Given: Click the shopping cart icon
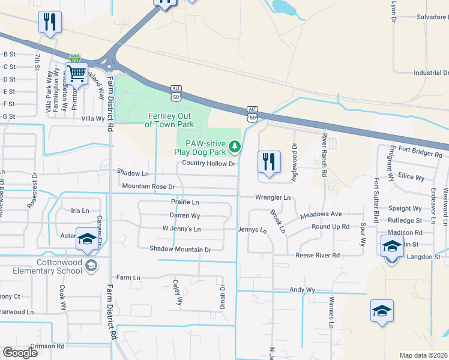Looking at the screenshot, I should pos(76,74).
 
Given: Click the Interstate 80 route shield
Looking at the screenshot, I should pos(74,59).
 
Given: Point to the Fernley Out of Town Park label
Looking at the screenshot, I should pos(169,120).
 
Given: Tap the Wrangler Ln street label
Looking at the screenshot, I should pos(273,197).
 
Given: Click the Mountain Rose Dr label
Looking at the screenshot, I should pos(148,187).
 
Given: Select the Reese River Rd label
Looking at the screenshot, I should pos(318,255).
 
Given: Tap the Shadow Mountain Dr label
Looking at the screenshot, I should pos(180,249).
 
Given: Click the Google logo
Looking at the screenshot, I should pos(20,353).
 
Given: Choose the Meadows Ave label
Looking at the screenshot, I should pos(321,214).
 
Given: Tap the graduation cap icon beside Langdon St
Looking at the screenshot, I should pos(391,247).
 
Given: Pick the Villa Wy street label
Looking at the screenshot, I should pos(93,119).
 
